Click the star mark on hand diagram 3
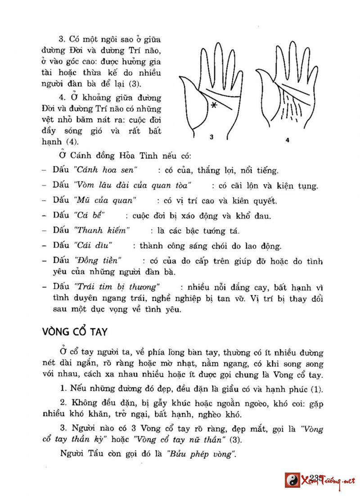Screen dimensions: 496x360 coord(214,105)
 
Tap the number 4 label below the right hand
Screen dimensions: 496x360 coord(288,140)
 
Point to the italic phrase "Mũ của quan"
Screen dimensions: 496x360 coord(106,200)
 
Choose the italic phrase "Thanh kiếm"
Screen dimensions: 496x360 coord(103,231)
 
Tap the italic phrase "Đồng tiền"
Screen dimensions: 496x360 coord(99,261)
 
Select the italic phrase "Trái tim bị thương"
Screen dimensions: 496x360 coord(119,287)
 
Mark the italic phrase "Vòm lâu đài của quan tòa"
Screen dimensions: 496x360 coord(133,185)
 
